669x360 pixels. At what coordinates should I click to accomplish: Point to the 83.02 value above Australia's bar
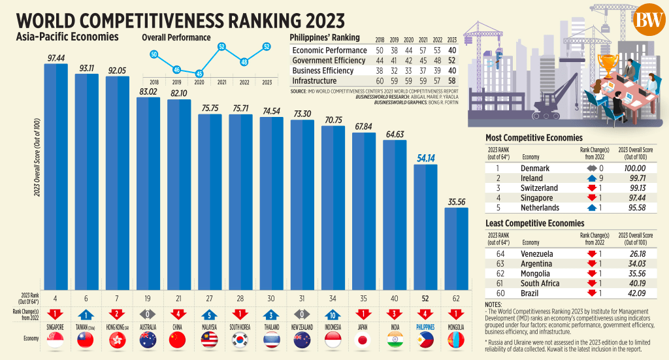click(x=149, y=91)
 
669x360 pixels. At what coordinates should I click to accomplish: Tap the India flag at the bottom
click(x=395, y=340)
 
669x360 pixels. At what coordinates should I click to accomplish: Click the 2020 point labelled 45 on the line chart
click(x=199, y=74)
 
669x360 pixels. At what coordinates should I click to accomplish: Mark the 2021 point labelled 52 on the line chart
click(x=222, y=46)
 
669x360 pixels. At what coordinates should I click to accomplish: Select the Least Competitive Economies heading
click(x=534, y=223)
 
